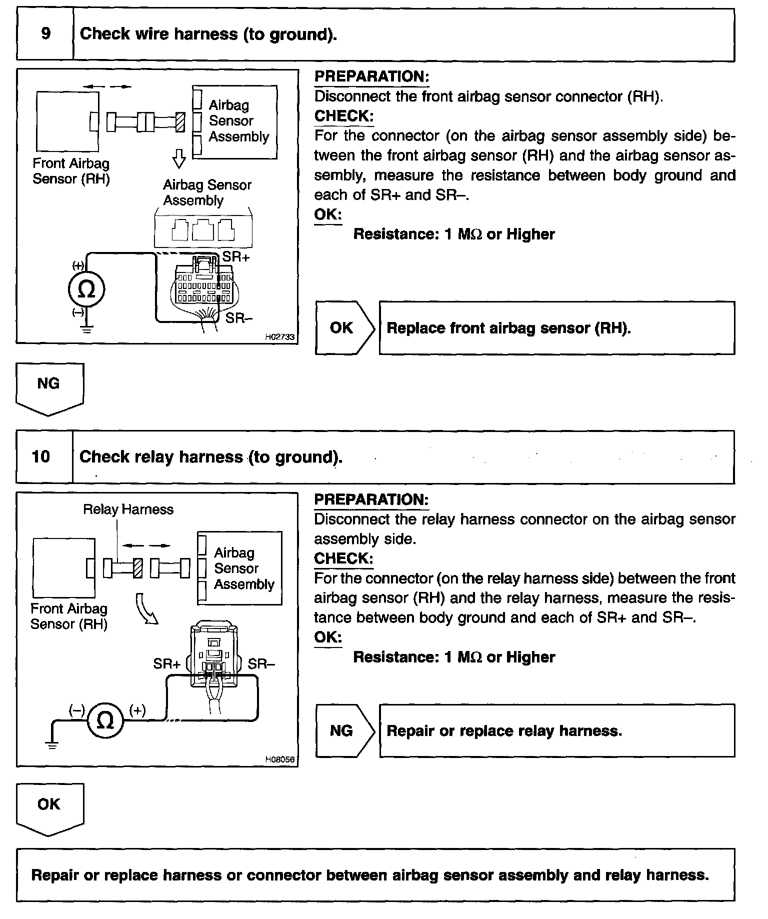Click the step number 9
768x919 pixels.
(x=45, y=34)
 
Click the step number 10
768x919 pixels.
(x=41, y=456)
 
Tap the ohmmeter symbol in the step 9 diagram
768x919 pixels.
(x=86, y=289)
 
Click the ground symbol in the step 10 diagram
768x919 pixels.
(x=52, y=743)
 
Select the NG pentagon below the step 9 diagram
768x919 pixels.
(x=49, y=388)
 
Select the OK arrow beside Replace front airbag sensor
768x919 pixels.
(x=344, y=328)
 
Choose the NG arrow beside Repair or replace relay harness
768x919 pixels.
(x=344, y=731)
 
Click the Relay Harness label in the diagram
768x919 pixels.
(x=128, y=509)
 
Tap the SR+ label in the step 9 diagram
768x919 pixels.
(x=235, y=257)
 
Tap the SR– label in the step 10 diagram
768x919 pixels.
(x=261, y=663)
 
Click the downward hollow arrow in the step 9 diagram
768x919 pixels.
(x=178, y=159)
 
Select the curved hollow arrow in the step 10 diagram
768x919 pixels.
(x=147, y=608)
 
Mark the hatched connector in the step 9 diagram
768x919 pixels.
(x=180, y=122)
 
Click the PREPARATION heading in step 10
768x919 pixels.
(x=371, y=499)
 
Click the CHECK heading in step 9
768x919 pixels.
(x=343, y=116)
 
